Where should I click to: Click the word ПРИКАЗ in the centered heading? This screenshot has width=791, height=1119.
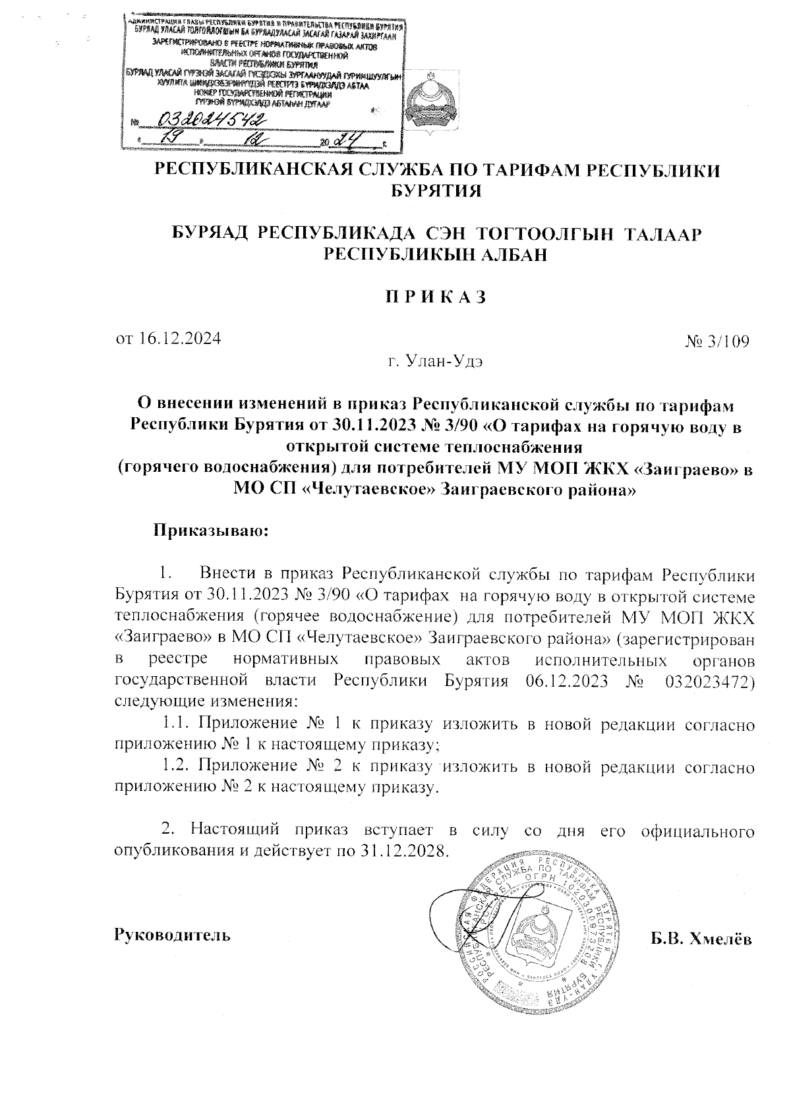(436, 297)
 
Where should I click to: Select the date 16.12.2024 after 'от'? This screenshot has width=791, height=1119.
(179, 338)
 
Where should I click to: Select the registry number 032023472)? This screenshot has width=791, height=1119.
(706, 680)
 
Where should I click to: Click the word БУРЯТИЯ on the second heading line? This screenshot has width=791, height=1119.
(436, 192)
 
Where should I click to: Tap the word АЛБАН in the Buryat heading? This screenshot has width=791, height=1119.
(511, 254)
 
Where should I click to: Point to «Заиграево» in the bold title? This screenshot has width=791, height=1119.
(684, 469)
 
